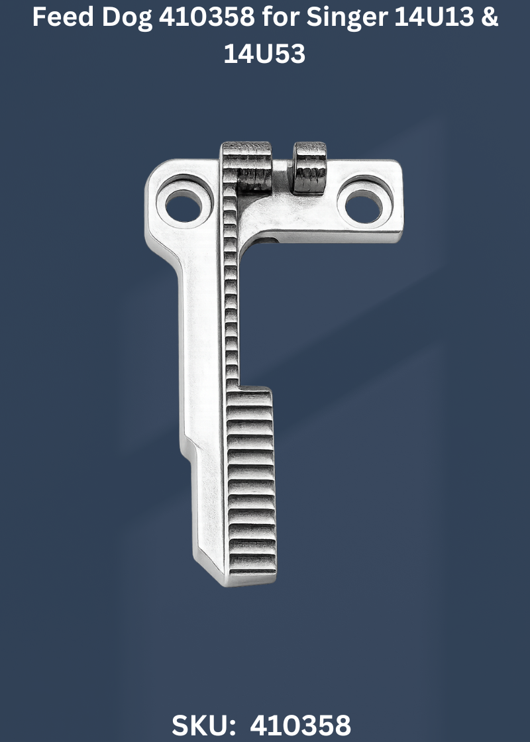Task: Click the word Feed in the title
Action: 62,17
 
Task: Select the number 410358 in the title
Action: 207,17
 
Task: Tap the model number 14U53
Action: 264,54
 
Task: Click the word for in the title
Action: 281,17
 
